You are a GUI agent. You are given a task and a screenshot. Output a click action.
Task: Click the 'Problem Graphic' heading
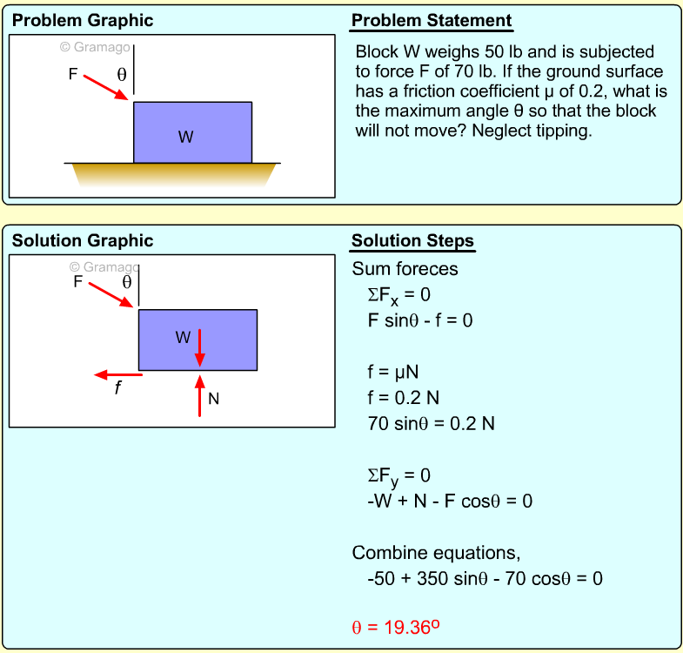[83, 21]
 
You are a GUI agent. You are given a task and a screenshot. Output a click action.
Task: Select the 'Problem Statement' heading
[432, 21]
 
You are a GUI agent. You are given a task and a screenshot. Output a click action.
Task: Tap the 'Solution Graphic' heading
[83, 240]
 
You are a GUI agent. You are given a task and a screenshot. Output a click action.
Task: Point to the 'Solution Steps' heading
[412, 240]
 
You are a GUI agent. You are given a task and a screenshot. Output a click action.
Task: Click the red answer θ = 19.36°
[396, 627]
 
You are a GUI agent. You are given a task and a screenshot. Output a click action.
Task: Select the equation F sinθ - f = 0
[420, 320]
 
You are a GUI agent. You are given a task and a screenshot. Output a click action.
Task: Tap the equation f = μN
[393, 373]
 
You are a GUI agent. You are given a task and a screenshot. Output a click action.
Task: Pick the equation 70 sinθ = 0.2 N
[432, 424]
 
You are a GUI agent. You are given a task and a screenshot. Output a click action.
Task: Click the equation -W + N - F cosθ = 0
[450, 502]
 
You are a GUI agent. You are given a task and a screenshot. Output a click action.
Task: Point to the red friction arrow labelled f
[118, 375]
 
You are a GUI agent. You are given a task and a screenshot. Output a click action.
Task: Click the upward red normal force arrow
[199, 396]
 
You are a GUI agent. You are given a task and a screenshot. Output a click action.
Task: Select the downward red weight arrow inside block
[199, 347]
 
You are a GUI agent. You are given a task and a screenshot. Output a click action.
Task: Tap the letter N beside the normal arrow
[213, 399]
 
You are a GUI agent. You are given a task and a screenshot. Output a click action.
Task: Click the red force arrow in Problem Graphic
[106, 88]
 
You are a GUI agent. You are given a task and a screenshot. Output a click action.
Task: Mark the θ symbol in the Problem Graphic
[122, 75]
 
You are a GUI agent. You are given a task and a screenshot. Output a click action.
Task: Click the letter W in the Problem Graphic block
[185, 137]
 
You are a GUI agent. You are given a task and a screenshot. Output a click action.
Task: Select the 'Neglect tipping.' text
[532, 131]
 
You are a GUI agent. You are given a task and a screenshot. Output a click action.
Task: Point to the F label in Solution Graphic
[78, 281]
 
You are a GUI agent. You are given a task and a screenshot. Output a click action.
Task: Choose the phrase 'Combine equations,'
[436, 553]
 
